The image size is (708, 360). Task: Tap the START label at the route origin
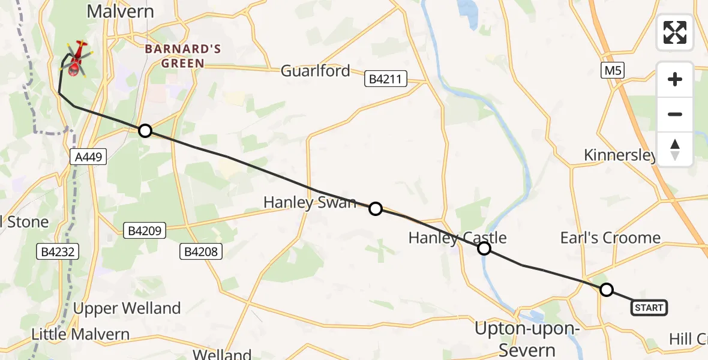pyautogui.click(x=649, y=308)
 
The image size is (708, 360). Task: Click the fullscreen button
pyautogui.click(x=675, y=32)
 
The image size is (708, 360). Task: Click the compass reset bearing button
pyautogui.click(x=675, y=149)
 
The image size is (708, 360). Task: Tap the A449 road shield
pyautogui.click(x=88, y=157)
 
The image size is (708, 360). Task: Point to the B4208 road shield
pyautogui.click(x=201, y=251)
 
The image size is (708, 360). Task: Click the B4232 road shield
pyautogui.click(x=58, y=252)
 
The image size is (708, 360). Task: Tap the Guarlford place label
pyautogui.click(x=316, y=71)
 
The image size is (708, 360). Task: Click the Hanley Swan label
pyautogui.click(x=310, y=203)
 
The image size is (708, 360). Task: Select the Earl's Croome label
pyautogui.click(x=610, y=238)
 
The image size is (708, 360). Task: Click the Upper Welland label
pyautogui.click(x=127, y=308)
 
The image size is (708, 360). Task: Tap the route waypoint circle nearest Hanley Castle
pyautogui.click(x=484, y=248)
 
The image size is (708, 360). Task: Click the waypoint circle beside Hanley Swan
pyautogui.click(x=375, y=209)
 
